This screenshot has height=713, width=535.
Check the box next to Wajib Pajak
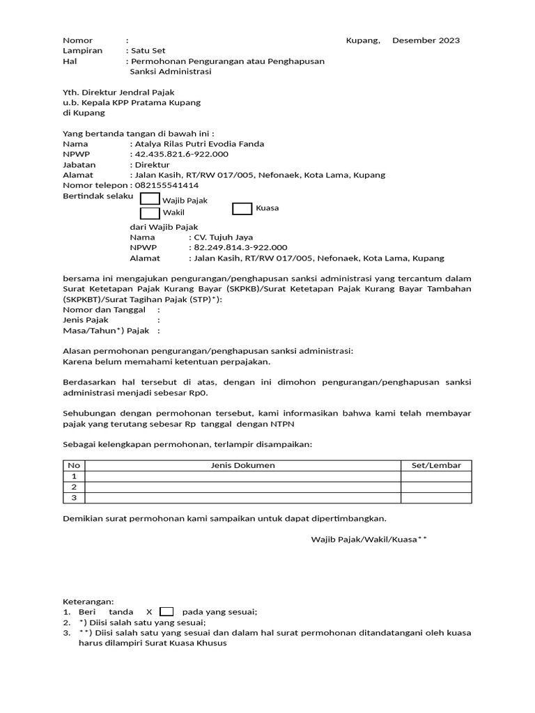tap(150, 200)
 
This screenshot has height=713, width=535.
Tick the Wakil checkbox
tap(150, 213)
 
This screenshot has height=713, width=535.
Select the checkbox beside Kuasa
tap(242, 208)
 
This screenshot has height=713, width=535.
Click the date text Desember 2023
tap(426, 40)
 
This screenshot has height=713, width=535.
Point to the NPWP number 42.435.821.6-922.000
tap(181, 154)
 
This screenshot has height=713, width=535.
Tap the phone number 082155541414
tap(166, 185)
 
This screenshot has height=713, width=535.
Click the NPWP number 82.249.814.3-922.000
tap(240, 247)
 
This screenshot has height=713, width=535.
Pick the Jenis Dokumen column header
tap(242, 465)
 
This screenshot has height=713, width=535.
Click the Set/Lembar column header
tap(436, 465)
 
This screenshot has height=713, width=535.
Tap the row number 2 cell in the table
tap(74, 487)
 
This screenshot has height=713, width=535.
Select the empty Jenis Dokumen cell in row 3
tap(242, 498)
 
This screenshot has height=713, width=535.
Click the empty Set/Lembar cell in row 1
tap(436, 476)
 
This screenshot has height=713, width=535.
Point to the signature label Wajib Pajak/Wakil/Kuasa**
tap(369, 539)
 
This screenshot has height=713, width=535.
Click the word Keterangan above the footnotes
tap(88, 602)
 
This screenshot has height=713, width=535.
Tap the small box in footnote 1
tap(166, 612)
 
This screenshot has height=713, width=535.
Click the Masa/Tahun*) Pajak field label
tap(107, 331)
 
